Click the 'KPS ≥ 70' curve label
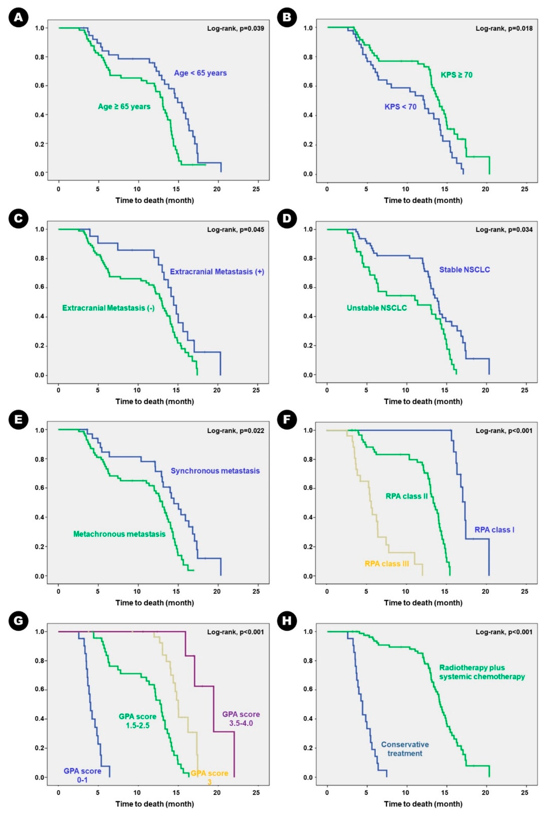(456, 75)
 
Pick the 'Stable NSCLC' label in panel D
(464, 270)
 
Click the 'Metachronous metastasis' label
(119, 534)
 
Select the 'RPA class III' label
(387, 564)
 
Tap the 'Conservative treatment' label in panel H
(405, 749)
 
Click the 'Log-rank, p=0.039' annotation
(235, 29)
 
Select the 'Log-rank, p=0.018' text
(504, 29)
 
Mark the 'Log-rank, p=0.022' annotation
(235, 431)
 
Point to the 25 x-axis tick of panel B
(524, 189)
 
